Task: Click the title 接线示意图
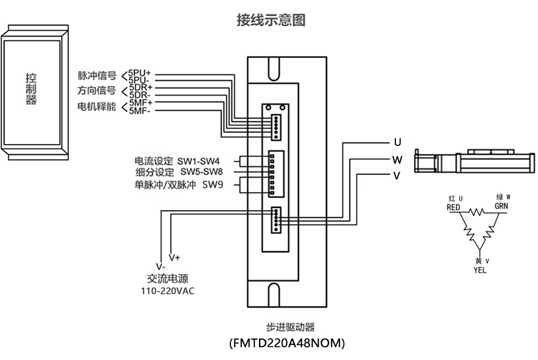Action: coord(271,20)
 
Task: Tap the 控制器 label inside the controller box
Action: coord(31,89)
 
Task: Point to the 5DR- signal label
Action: coord(140,95)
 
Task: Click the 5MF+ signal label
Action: coord(141,103)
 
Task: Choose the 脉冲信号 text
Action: coord(97,75)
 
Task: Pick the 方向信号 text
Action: coord(97,91)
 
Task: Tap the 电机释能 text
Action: coord(97,107)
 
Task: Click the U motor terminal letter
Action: coord(397,141)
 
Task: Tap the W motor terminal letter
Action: coord(397,158)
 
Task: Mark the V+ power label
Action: coord(174,257)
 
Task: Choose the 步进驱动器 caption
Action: coord(285,324)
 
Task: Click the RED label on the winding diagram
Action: coord(453,207)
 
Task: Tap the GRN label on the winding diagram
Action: coord(501,206)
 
